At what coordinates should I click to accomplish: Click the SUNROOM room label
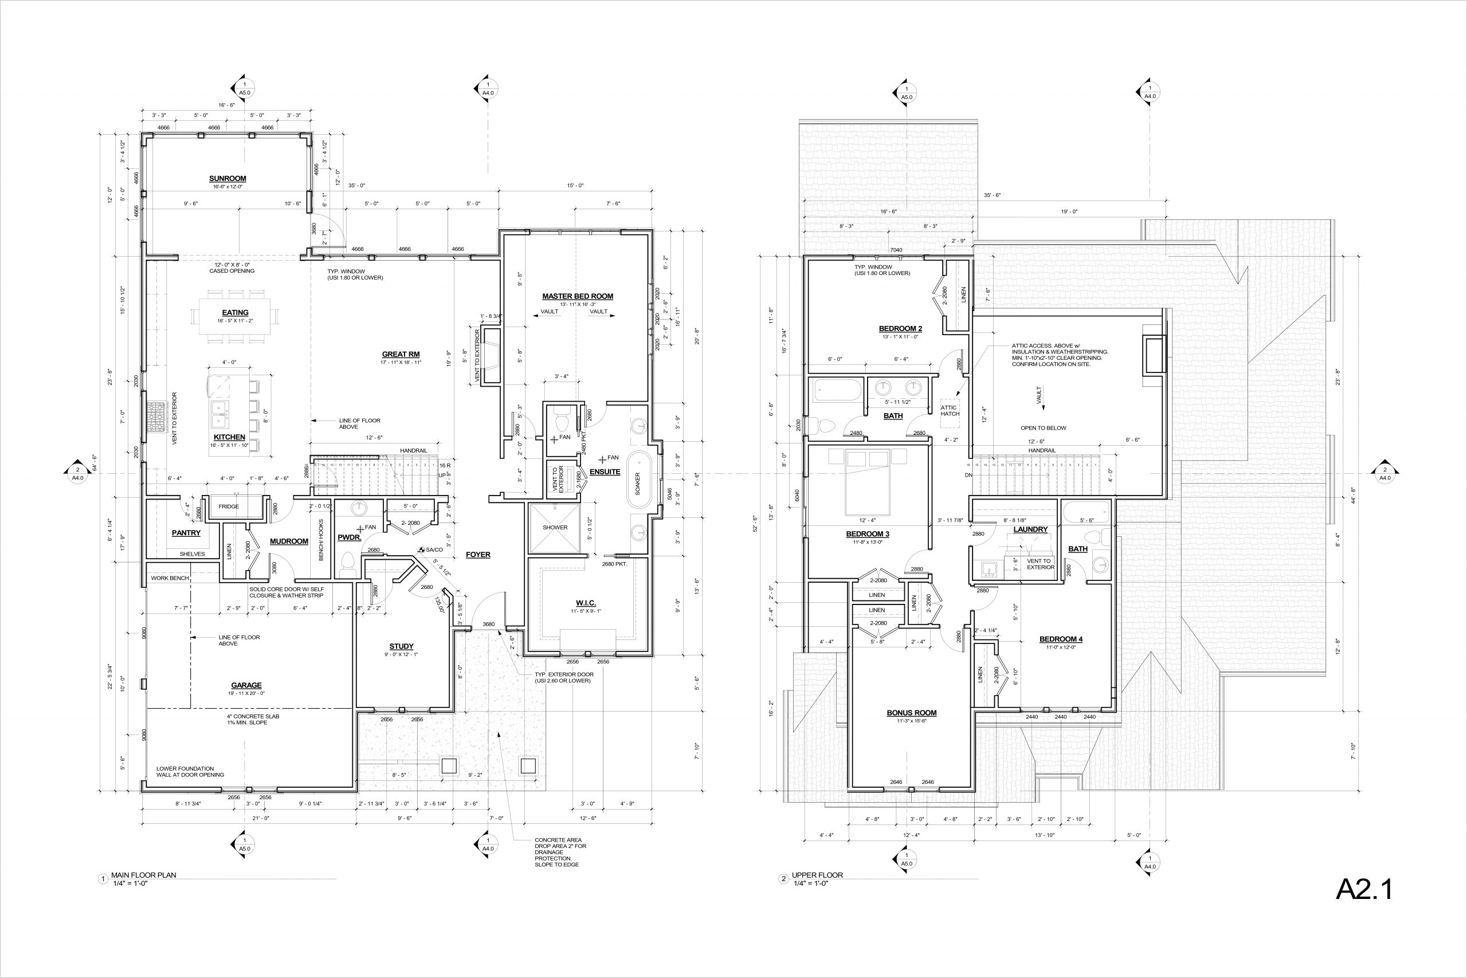pos(227,179)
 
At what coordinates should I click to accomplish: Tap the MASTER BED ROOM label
pos(577,296)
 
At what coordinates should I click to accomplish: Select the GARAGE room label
pos(246,685)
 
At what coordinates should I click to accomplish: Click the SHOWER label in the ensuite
pos(555,527)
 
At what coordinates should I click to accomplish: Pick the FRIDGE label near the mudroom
pos(228,506)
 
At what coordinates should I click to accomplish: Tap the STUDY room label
pos(401,646)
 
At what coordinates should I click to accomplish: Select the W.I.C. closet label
pos(586,603)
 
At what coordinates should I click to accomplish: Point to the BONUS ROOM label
pos(911,713)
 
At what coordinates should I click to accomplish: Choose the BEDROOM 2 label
pos(900,329)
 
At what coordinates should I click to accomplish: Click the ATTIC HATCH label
pos(950,410)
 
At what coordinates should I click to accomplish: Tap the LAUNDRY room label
pos(1030,529)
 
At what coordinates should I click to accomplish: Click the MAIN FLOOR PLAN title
pos(143,875)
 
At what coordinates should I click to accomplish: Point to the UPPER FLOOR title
pos(817,875)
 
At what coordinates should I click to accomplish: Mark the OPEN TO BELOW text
pos(1043,428)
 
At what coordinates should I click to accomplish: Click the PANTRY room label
pos(186,533)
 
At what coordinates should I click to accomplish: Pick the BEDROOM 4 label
pos(1060,639)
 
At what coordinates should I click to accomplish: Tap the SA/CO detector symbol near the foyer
pos(422,549)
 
